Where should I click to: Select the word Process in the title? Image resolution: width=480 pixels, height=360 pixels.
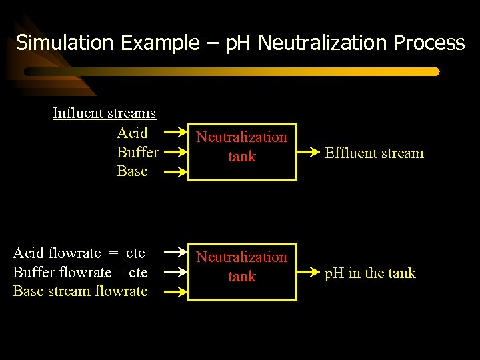(429, 43)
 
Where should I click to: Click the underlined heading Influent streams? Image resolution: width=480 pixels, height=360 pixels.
(104, 113)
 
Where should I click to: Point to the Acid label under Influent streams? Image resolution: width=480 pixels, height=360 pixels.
(132, 133)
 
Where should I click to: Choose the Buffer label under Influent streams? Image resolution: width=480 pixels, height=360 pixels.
(137, 152)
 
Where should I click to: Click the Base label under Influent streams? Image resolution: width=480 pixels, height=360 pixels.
(132, 171)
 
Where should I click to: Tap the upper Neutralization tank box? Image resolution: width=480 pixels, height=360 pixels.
(242, 151)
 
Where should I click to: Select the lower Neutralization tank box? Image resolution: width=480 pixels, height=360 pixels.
(242, 271)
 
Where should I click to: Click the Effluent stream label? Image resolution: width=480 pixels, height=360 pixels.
(374, 153)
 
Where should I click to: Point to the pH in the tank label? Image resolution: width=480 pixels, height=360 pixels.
(369, 273)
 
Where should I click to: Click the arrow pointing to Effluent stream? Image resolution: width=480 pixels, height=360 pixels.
(309, 153)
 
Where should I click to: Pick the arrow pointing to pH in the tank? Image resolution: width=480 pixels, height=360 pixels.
(309, 273)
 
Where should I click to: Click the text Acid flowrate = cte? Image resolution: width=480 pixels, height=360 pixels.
(79, 253)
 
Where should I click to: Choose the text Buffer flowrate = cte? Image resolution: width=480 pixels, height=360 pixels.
(80, 272)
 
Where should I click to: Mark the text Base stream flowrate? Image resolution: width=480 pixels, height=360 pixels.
(80, 291)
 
